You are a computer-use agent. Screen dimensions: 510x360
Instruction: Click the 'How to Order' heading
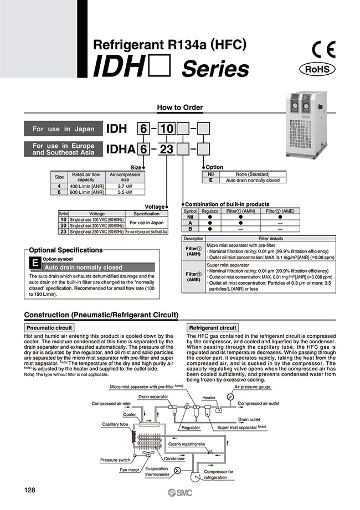click(180, 107)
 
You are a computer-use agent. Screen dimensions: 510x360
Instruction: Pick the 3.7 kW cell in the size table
click(125, 187)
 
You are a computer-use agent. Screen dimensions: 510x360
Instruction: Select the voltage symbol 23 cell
click(63, 233)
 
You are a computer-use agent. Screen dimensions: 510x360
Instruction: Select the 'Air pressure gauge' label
click(253, 387)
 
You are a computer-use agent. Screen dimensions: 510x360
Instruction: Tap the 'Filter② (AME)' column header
click(280, 211)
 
